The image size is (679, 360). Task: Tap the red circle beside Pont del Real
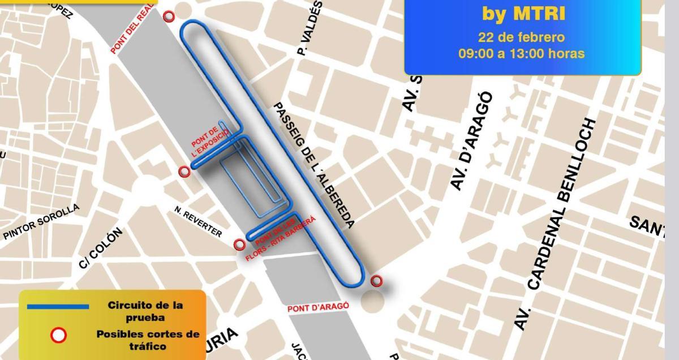[x=169, y=16]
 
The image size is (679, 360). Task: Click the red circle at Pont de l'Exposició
[x=184, y=172]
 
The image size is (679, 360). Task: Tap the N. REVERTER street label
[x=198, y=221]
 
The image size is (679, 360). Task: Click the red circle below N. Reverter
[x=240, y=245]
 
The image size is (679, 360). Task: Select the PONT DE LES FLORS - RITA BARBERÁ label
[x=280, y=238]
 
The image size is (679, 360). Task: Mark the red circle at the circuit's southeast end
[x=376, y=280]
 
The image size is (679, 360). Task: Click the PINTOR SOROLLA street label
[x=41, y=222]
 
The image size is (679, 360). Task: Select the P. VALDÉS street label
[x=310, y=28]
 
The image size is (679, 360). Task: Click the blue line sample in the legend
[x=58, y=306]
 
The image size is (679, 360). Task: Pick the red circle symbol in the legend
[x=58, y=336]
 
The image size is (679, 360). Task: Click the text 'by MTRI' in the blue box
[x=523, y=13]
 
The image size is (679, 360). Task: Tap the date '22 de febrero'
[x=521, y=37]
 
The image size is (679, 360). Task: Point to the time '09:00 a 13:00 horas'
[x=521, y=54]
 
